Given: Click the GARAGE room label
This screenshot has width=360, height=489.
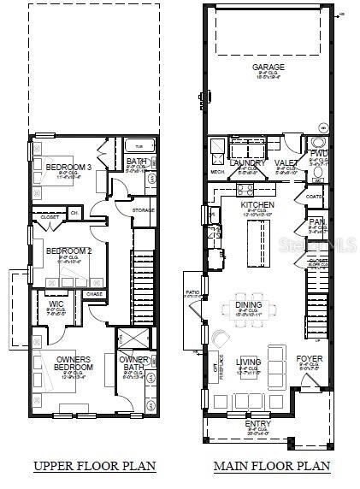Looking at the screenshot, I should click(x=268, y=67).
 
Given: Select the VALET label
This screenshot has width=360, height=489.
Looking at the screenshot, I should click(x=286, y=162).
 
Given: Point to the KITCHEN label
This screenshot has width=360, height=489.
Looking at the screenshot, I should click(x=257, y=206).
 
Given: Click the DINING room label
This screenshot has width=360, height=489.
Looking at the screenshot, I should click(x=249, y=304).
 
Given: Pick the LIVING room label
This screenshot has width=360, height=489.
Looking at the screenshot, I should click(x=249, y=361).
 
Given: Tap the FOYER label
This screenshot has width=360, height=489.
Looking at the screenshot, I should click(x=310, y=359).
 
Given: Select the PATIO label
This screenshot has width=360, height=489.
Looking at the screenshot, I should click(x=192, y=292).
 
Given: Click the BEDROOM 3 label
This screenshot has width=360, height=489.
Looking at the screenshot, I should click(x=62, y=166).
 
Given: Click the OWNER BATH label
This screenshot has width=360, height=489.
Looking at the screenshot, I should click(x=134, y=363).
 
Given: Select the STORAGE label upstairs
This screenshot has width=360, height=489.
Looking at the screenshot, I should click(x=143, y=209).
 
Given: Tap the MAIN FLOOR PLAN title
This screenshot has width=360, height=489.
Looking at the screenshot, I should click(x=272, y=466).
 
